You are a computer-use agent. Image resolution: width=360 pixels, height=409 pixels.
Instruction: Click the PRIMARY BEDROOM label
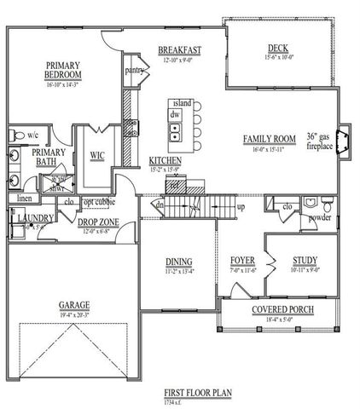pos(64,68)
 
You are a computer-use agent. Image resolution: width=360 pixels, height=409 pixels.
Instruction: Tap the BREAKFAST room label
pos(178,50)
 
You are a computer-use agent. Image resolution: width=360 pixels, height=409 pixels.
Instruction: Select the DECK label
pos(278,48)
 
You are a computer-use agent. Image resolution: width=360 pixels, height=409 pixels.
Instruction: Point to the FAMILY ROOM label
pos(270,139)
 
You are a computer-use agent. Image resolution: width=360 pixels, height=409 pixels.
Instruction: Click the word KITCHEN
pos(164,160)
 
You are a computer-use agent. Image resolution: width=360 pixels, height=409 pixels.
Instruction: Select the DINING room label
pos(178,262)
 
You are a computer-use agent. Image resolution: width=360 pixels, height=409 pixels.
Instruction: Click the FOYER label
pos(244,260)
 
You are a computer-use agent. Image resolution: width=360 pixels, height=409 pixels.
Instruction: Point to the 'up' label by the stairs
pos(241,207)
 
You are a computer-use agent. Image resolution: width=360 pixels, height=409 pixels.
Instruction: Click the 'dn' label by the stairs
pos(159,204)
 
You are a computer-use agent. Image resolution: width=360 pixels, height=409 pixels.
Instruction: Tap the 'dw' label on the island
pos(174,113)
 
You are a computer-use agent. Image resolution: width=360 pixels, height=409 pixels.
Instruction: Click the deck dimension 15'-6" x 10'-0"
pos(278,58)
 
